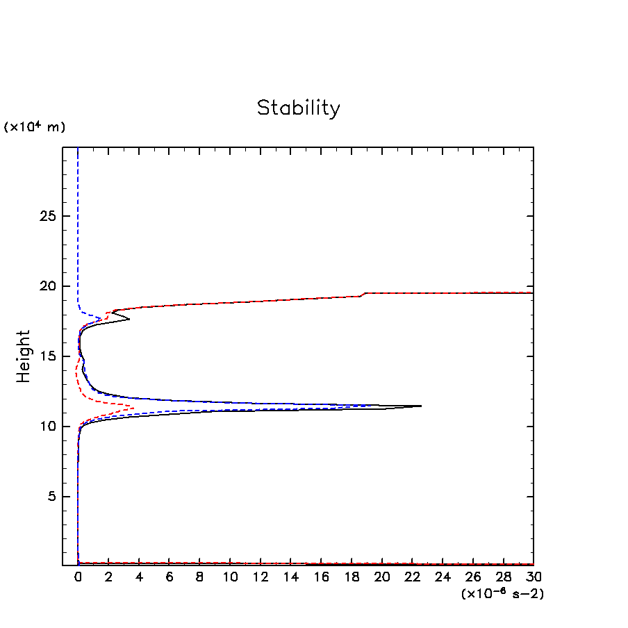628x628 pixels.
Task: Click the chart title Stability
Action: pos(299,108)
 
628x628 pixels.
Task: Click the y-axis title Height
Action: pos(24,356)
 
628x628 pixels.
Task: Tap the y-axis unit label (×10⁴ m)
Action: pos(35,127)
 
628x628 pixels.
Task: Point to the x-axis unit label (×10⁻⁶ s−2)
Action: pos(502,594)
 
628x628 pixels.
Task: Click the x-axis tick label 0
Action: pos(78,578)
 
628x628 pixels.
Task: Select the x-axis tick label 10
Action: pos(230,578)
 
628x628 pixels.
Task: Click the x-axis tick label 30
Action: pos(534,578)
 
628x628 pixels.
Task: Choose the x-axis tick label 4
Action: pos(139,578)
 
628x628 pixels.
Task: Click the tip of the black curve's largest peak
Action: pos(421,406)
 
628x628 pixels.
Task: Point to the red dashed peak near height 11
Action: pos(133,407)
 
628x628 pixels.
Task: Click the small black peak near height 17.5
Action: pos(129,320)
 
